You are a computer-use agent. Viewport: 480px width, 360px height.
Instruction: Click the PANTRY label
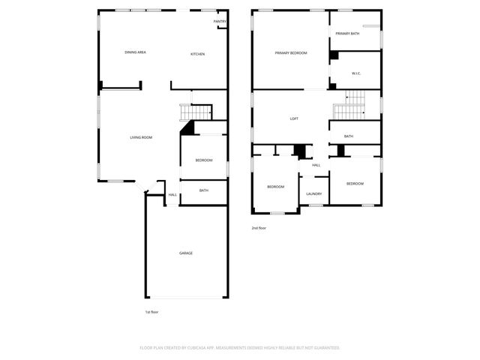tap(220, 22)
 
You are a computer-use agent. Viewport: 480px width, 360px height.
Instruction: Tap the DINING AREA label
tap(135, 52)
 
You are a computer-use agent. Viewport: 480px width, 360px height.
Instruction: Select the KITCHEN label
tap(197, 54)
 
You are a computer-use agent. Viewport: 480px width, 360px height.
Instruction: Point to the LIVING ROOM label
tap(141, 137)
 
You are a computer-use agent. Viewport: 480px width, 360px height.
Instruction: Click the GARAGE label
tap(186, 253)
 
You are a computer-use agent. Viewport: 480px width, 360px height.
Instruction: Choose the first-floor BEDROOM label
tap(204, 160)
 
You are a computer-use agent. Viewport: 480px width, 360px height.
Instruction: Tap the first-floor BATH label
tap(204, 190)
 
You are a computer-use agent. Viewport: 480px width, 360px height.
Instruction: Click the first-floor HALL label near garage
tap(172, 195)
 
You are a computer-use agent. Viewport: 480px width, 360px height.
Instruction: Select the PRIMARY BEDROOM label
tap(291, 52)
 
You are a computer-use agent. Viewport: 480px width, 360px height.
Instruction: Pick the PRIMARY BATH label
tap(347, 34)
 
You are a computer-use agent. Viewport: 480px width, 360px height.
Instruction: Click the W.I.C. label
tap(357, 73)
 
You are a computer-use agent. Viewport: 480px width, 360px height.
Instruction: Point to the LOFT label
tap(295, 118)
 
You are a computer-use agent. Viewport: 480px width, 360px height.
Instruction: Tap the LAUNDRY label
tap(314, 193)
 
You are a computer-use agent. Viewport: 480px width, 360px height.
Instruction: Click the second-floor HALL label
tap(316, 165)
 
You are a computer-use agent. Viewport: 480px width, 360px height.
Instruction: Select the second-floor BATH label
tap(349, 136)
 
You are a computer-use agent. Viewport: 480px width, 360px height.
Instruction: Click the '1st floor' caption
tap(152, 311)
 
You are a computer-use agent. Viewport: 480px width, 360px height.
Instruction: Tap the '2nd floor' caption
tap(259, 228)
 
